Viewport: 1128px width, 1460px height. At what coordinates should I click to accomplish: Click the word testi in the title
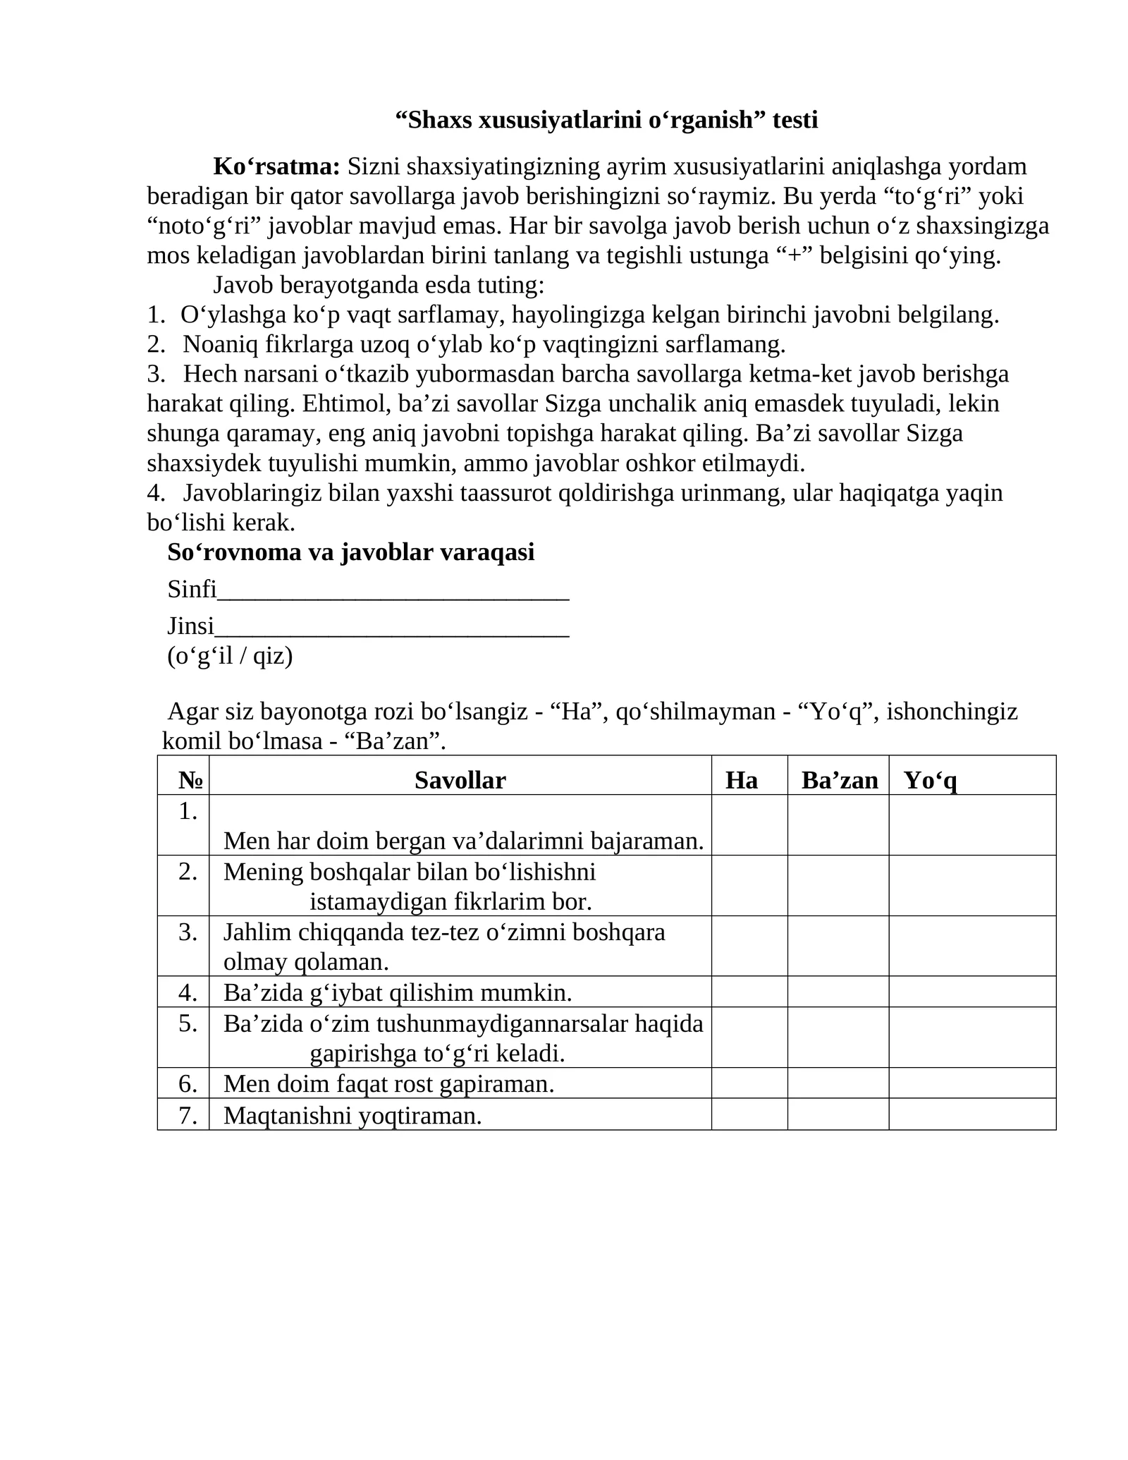(795, 120)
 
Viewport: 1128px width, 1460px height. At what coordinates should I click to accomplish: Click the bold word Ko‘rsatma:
(276, 166)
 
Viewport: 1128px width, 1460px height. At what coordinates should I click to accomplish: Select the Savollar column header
(460, 780)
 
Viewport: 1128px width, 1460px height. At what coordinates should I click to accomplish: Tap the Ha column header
(742, 780)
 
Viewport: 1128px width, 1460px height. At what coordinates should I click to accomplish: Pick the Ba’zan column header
(839, 780)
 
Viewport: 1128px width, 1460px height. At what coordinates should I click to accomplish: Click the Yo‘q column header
(931, 780)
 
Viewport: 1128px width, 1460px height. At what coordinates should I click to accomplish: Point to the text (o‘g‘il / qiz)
(230, 656)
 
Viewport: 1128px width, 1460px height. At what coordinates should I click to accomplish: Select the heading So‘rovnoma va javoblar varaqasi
(350, 552)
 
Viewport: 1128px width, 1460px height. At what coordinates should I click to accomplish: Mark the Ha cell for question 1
(749, 825)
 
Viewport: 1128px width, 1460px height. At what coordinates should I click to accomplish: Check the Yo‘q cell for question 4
(972, 992)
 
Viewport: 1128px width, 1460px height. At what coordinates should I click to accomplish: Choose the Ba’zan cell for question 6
(838, 1083)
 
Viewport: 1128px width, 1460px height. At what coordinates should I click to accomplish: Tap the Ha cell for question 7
(749, 1114)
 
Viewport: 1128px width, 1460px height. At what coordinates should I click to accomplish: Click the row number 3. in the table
(188, 932)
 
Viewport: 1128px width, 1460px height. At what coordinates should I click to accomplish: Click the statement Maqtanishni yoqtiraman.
(352, 1116)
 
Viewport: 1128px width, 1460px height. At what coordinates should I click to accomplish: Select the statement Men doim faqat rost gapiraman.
(388, 1084)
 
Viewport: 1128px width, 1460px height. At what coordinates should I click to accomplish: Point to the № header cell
(190, 780)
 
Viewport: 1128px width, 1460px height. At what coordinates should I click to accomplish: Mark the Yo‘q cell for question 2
(972, 886)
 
